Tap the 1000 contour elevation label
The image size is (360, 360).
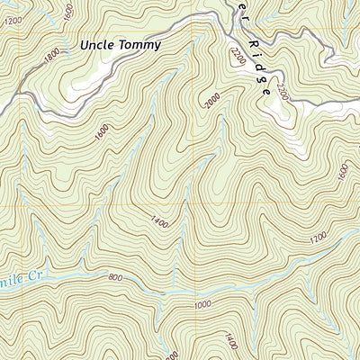coord(203,306)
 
